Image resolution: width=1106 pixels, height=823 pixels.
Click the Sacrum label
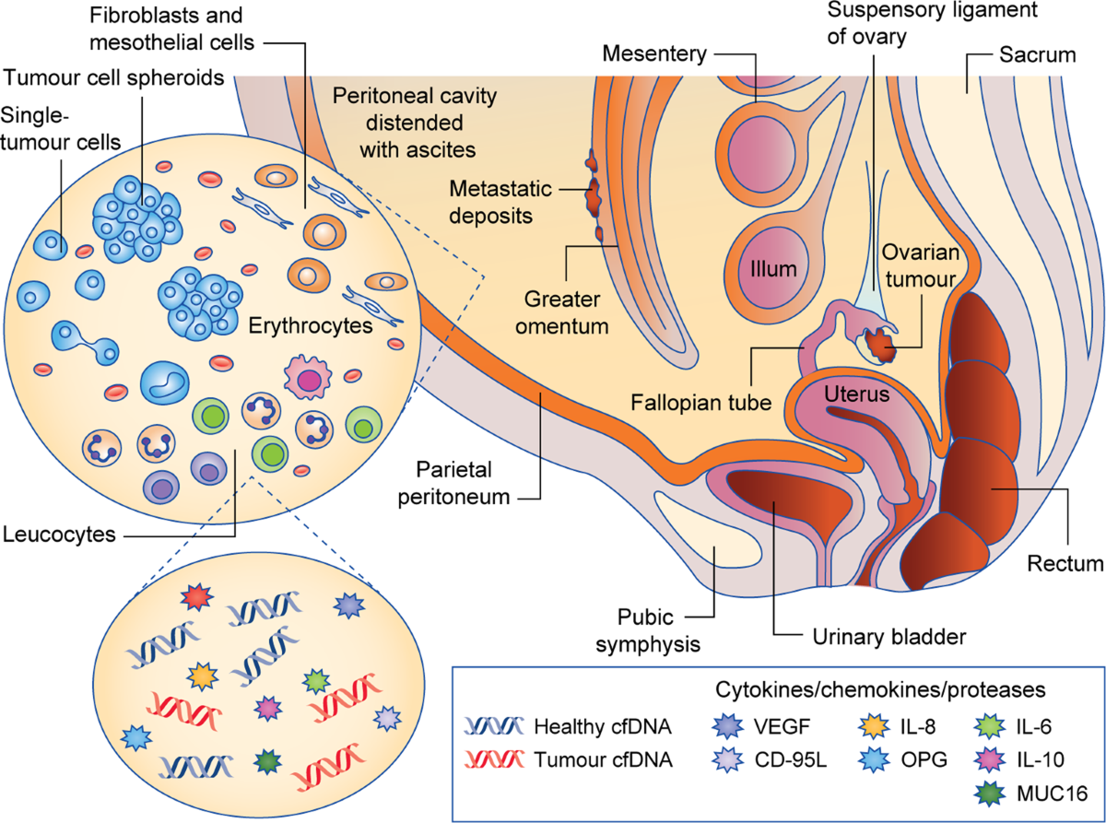1037,55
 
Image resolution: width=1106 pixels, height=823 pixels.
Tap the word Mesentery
654,53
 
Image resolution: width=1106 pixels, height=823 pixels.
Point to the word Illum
773,269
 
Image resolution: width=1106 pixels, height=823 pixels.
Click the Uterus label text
856,394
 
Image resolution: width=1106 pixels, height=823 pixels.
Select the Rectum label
1065,564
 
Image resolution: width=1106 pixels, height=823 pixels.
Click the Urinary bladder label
889,637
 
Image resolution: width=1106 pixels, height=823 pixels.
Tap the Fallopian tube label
701,403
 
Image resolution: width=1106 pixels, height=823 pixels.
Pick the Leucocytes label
59,535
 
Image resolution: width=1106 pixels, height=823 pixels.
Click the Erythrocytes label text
311,325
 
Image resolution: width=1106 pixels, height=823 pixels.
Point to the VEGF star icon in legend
728,726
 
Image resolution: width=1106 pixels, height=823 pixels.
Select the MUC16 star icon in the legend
989,794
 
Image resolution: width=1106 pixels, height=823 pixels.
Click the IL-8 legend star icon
874,726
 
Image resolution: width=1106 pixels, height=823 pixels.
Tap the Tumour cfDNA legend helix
494,759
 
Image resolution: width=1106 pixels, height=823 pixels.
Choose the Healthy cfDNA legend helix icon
494,726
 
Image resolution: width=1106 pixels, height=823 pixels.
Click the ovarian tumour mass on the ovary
880,345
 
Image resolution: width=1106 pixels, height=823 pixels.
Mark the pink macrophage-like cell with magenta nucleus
308,378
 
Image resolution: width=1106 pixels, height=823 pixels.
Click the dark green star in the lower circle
267,761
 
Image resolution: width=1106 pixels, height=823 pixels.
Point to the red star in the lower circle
197,596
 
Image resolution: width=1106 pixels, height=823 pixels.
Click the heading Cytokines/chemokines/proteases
880,689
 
